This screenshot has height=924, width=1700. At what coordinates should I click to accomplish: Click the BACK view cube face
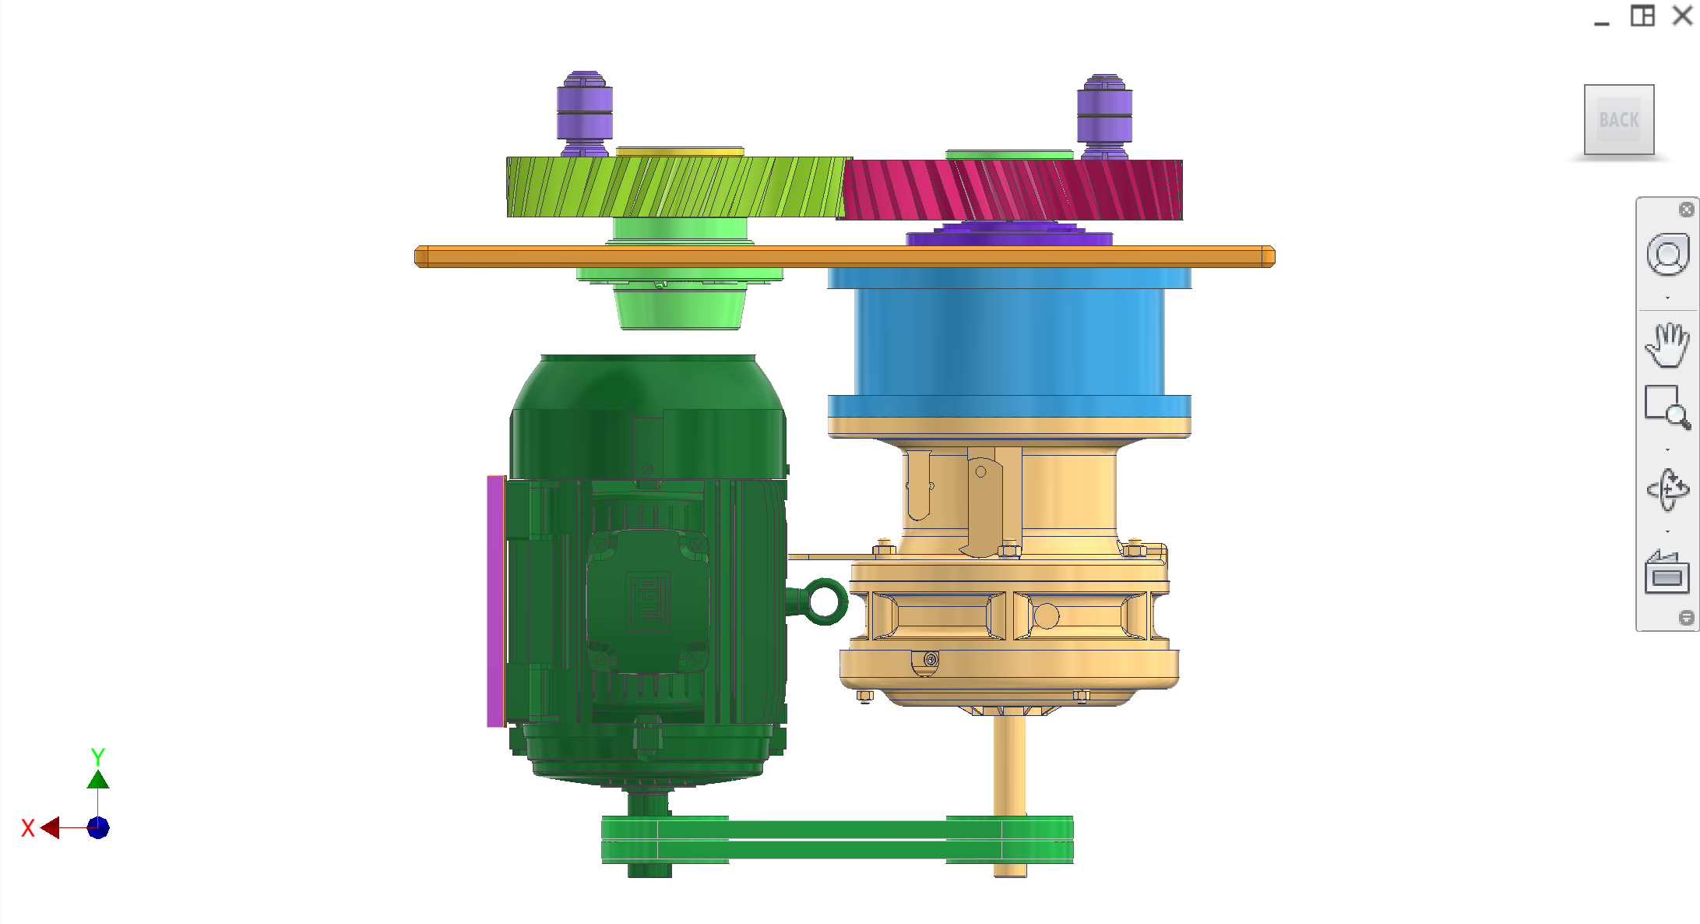point(1619,119)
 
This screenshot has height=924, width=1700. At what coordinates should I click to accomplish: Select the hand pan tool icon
point(1667,344)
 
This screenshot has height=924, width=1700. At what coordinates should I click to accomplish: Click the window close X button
point(1683,16)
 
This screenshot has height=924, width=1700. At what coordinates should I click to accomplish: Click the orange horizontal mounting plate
point(844,256)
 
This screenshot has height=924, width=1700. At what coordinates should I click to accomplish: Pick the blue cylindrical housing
point(1009,343)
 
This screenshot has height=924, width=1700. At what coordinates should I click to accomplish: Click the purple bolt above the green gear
point(584,115)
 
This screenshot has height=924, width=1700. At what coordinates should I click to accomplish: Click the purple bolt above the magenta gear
point(1104,117)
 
